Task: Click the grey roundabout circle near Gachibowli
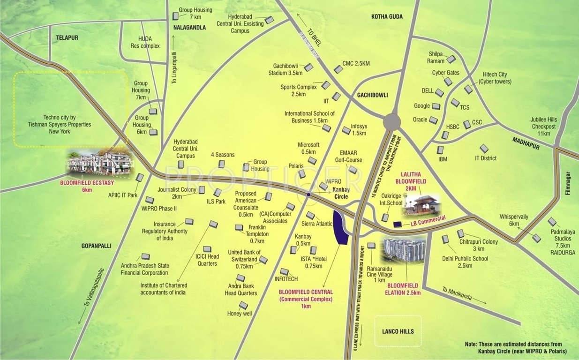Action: pyautogui.click(x=391, y=122)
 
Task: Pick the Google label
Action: pyautogui.click(x=421, y=106)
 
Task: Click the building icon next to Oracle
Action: pyautogui.click(x=433, y=120)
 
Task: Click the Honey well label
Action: pyautogui.click(x=240, y=314)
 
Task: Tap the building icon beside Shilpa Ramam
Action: pyautogui.click(x=451, y=59)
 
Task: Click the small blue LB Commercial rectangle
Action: pyautogui.click(x=398, y=224)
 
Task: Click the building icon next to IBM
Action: pyautogui.click(x=440, y=150)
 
